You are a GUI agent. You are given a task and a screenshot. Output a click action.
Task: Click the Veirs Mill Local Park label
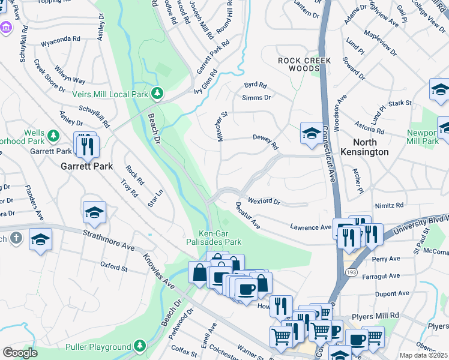pos(110,94)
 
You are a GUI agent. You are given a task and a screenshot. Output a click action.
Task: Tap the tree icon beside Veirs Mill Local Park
pos(157,93)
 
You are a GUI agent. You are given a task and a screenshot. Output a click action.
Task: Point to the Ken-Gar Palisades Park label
pos(220,238)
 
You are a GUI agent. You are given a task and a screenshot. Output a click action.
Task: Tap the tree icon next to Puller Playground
pos(140,346)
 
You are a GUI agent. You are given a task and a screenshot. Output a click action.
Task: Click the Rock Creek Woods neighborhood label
pos(298,65)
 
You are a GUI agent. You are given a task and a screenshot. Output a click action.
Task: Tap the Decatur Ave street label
pos(247,215)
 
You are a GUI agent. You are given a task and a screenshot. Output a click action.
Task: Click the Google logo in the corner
pos(20,353)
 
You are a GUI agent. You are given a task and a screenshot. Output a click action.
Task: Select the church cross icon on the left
pos(17,238)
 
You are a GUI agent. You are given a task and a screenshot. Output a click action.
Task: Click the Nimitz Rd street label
pos(388,205)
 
